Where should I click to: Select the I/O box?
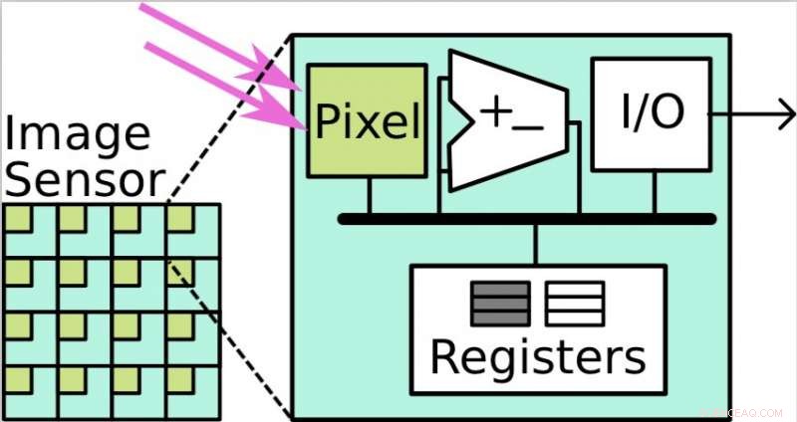(653, 112)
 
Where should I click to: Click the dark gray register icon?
(500, 304)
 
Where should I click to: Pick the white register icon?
(575, 304)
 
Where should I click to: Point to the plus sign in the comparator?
(495, 111)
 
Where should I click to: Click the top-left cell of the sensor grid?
(30, 230)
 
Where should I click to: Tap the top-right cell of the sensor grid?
(191, 230)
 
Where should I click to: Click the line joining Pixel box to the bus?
(370, 195)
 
